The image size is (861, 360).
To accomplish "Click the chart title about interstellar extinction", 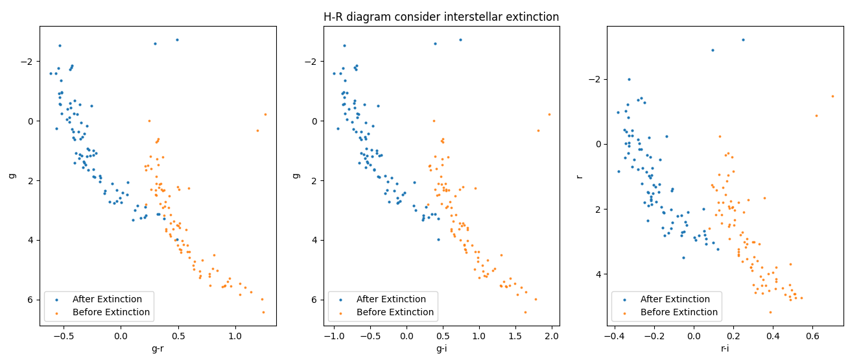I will coord(441,17).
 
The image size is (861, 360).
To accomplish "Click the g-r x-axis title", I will coord(158,349).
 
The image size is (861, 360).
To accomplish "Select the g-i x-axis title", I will coord(441,349).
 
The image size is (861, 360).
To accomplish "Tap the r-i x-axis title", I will coord(725,349).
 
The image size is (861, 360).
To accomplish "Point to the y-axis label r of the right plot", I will coord(579,176).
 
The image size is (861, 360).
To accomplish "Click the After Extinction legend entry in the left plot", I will coord(107,299).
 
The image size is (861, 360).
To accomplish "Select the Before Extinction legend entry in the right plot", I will coord(679,312).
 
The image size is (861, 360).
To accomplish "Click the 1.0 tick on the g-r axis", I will coord(235,336).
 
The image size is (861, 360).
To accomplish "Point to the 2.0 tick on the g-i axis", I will coord(551,336).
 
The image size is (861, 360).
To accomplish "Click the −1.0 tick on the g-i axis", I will coord(333,336).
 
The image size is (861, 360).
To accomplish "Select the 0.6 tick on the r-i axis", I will coord(812,336).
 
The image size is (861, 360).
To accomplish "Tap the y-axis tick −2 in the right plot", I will coord(597,79).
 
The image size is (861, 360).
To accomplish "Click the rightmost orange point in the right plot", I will coord(832,96).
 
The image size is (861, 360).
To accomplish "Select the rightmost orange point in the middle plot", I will coord(549,114).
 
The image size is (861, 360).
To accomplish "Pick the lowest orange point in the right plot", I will coord(770,312).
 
